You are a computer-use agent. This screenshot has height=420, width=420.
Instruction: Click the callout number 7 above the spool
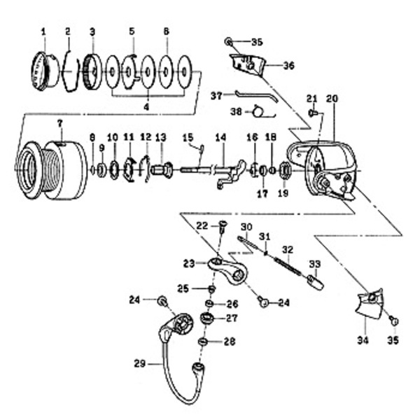click(x=59, y=122)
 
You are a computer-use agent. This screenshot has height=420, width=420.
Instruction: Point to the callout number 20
click(x=332, y=99)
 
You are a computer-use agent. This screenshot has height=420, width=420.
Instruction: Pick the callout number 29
click(x=139, y=363)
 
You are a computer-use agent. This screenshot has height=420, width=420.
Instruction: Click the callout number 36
click(x=290, y=65)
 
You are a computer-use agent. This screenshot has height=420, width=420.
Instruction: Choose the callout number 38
click(x=236, y=111)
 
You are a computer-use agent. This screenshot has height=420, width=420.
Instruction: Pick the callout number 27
click(x=231, y=318)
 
